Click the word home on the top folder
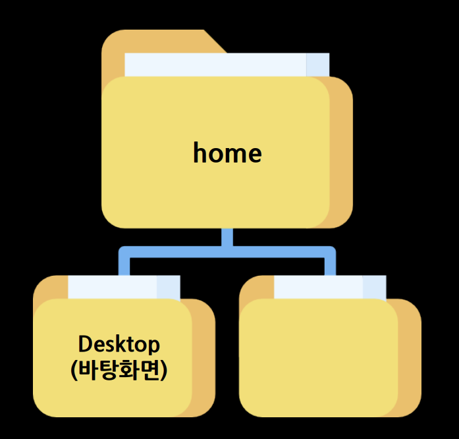227,153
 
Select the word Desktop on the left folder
119,344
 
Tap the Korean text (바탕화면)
119,369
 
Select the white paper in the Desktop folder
112,287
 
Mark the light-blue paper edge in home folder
318,65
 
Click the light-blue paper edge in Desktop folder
169,287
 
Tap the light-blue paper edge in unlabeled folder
375,287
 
